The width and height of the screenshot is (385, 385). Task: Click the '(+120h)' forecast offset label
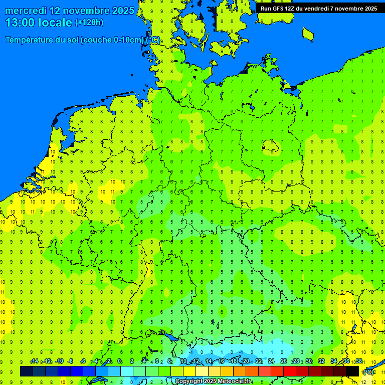coord(89,23)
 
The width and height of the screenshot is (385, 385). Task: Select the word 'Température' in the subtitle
coord(33,40)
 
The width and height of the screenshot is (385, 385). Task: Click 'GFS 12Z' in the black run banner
coord(284,9)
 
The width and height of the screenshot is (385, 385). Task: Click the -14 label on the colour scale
coord(34,361)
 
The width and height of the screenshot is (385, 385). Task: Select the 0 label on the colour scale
coord(119,361)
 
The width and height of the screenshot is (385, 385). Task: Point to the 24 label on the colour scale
coord(271,361)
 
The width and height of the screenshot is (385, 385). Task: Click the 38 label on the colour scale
coord(358,361)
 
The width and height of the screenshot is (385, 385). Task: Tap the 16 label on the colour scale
coord(221,361)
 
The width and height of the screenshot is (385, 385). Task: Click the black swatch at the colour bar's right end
coord(352,371)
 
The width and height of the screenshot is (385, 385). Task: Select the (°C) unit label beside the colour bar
coord(368,371)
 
